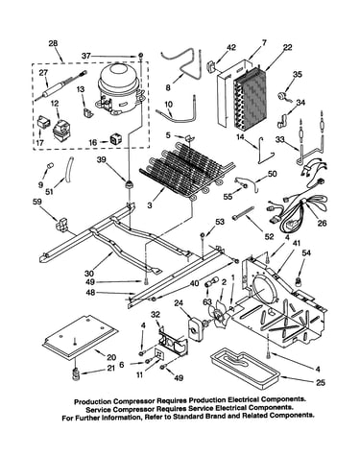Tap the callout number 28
[x=53, y=43]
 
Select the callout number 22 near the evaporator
[x=287, y=47]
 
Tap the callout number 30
[x=89, y=274]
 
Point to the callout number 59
[x=37, y=202]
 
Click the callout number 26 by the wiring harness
[x=322, y=223]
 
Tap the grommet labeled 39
[x=130, y=184]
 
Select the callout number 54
[x=306, y=253]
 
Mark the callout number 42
[x=231, y=47]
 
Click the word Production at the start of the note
[x=93, y=401]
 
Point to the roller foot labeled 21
[x=76, y=374]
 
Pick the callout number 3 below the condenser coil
[x=150, y=204]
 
